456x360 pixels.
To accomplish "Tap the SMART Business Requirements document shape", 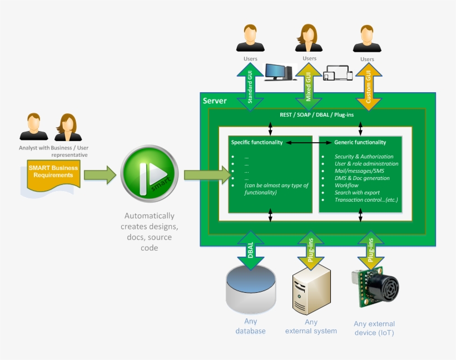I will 51,172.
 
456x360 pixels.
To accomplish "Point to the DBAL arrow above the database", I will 250,251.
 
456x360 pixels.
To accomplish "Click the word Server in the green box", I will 215,101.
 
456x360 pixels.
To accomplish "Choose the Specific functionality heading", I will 256,142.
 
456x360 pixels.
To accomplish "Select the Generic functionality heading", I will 360,142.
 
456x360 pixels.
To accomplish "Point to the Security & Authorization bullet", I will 364,157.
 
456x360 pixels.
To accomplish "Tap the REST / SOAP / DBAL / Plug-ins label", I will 316,114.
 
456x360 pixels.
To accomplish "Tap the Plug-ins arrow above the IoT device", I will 371,251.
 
